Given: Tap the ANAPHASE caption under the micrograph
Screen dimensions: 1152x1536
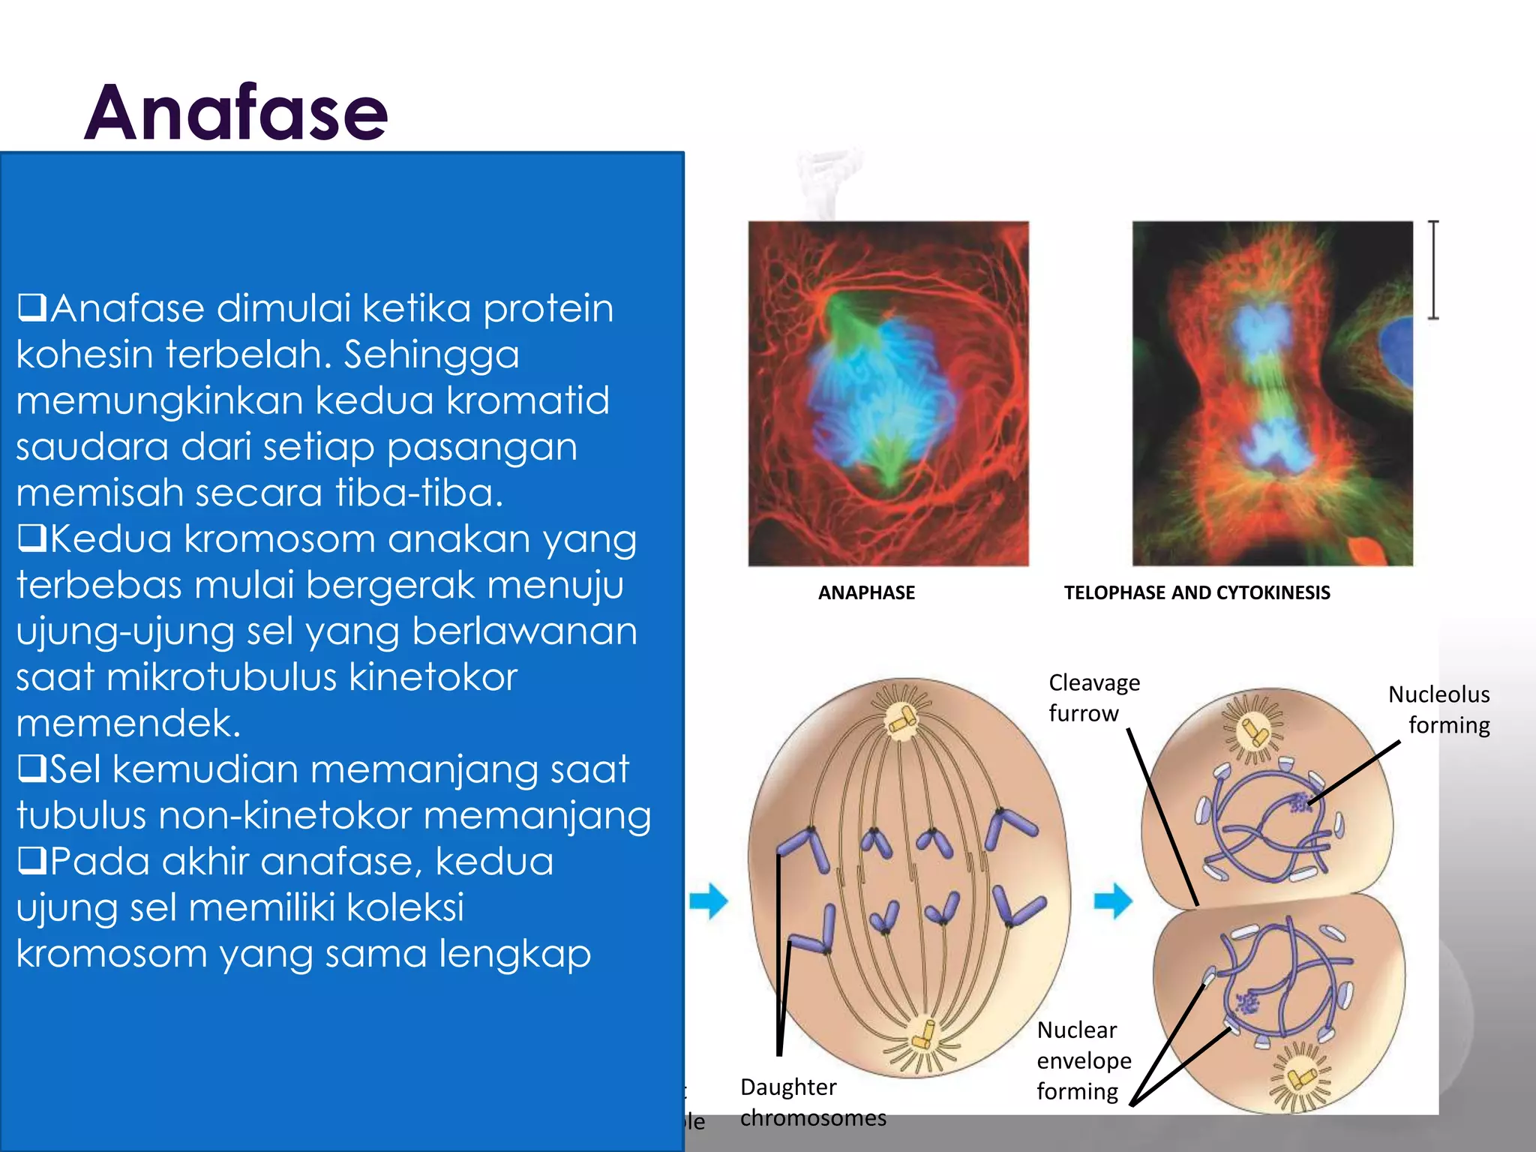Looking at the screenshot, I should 866,592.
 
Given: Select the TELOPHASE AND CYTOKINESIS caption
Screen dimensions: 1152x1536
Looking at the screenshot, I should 1196,592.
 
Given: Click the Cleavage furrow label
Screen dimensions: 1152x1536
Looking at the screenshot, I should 1093,697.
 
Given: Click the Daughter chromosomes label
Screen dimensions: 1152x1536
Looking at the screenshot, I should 812,1102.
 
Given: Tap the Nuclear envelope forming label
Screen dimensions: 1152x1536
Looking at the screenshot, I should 1084,1060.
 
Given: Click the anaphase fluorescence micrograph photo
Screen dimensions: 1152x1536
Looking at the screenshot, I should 888,393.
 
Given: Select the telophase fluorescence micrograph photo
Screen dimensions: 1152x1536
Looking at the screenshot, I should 1272,393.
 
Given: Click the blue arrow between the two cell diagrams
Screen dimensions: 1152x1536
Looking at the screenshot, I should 1113,900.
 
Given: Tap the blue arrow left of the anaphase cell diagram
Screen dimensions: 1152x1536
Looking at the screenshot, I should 708,900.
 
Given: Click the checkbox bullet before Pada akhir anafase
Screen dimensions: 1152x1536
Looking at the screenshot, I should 32,861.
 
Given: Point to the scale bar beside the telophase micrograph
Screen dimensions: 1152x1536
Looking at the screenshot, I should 1432,270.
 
